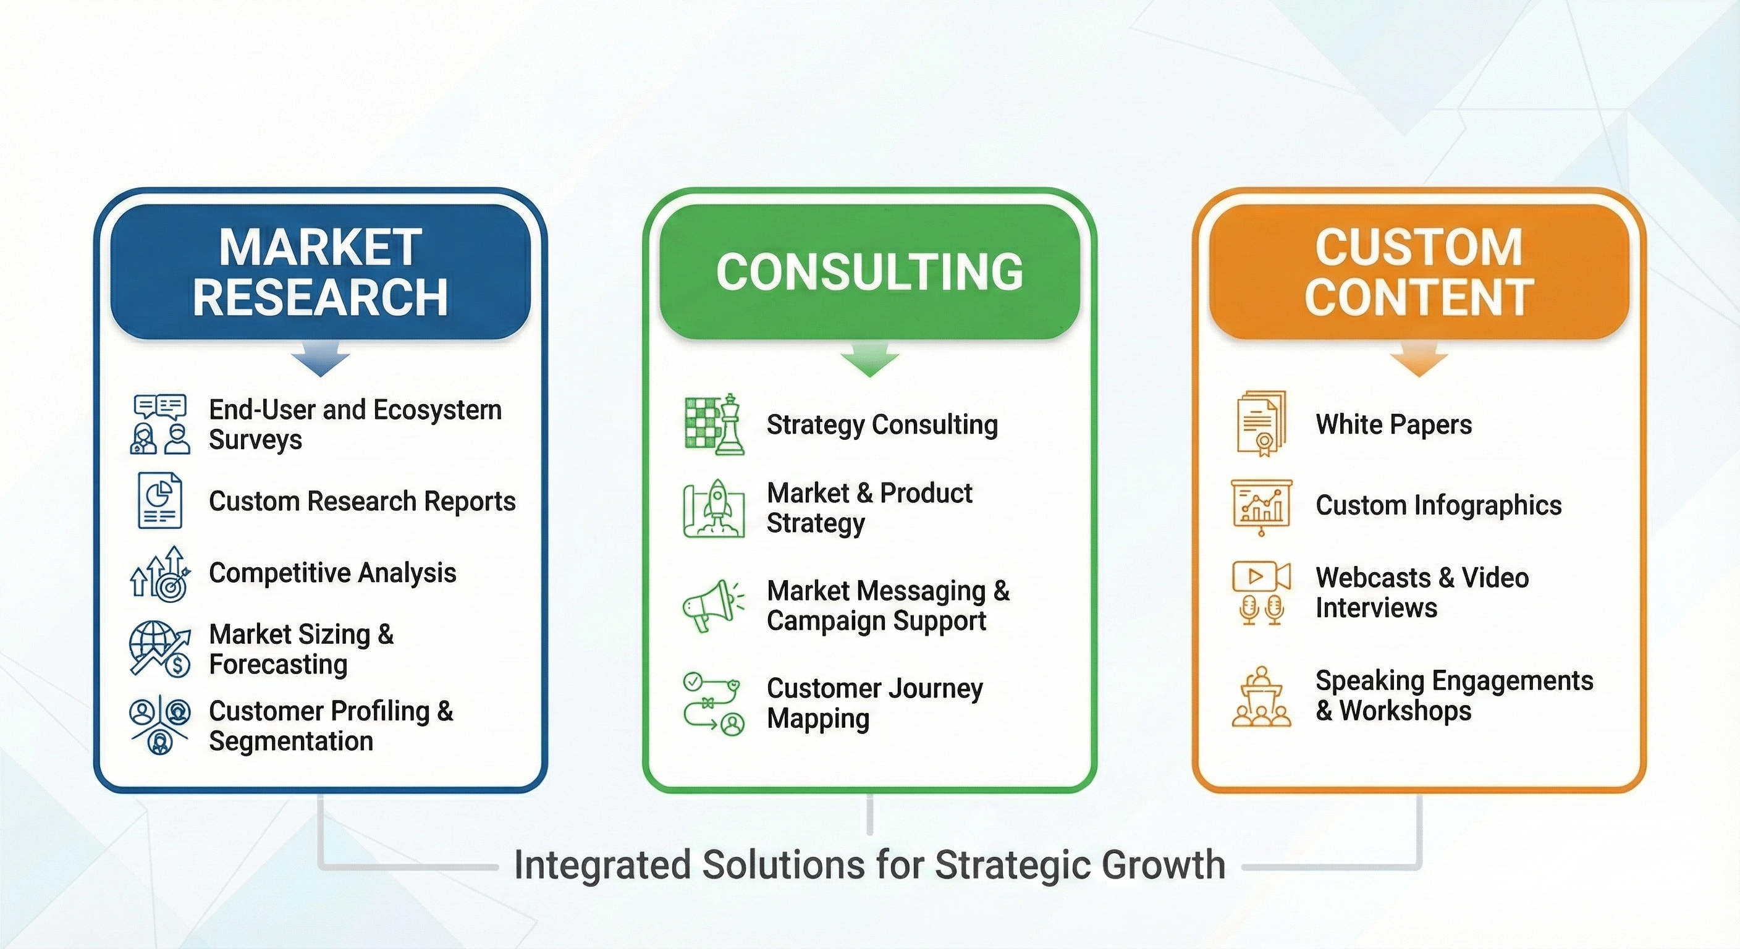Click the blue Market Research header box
(320, 271)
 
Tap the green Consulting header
(869, 271)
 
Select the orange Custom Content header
(1419, 271)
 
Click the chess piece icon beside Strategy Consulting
(715, 424)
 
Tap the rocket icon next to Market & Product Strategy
(715, 508)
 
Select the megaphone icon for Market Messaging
(712, 605)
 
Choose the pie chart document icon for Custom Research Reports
(159, 500)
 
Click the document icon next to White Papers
(1261, 423)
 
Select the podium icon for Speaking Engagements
(1261, 697)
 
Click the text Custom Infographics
(1438, 505)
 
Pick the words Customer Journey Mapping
(874, 703)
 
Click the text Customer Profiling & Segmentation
(331, 725)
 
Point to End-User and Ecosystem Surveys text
(355, 424)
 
